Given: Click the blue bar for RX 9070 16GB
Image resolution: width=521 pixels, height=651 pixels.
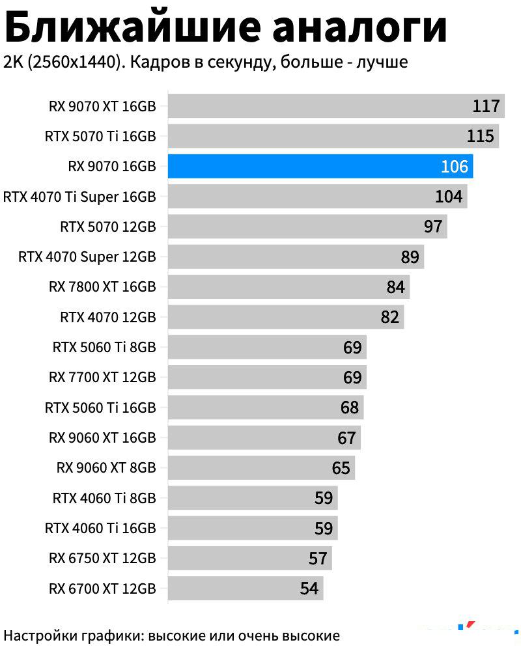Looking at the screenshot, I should [319, 166].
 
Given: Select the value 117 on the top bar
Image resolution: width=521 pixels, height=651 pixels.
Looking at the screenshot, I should [486, 106].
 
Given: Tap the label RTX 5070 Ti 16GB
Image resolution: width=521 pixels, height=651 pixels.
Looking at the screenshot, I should [100, 137].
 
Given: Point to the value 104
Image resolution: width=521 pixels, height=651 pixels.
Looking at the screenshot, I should [448, 196].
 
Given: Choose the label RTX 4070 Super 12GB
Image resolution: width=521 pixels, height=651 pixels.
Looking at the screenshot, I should [87, 256].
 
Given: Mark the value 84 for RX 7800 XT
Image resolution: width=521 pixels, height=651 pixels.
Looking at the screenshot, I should [395, 287].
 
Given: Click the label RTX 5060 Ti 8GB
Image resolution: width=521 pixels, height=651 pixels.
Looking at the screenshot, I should [104, 347].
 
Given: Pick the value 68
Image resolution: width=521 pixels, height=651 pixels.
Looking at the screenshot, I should [350, 408].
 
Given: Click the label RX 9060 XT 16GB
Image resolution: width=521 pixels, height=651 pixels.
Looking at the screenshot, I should [102, 437].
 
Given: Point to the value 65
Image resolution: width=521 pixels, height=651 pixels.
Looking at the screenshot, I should [341, 468].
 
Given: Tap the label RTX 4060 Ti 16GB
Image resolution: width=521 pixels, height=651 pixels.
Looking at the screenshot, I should [100, 528].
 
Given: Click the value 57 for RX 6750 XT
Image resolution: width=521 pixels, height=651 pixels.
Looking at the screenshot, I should [318, 559].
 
